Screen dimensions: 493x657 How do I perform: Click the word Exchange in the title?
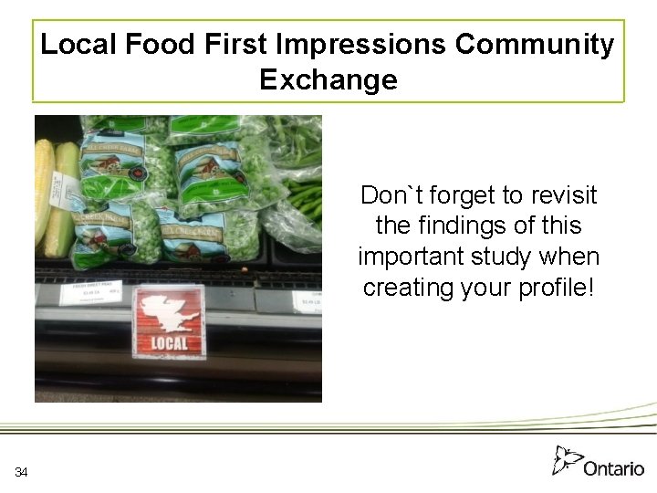tap(328, 79)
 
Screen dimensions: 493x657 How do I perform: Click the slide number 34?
tap(22, 472)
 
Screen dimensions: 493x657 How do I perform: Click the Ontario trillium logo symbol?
tap(566, 459)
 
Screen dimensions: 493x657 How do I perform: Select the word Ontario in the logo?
tap(613, 468)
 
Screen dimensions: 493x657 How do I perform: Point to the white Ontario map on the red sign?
tap(169, 311)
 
